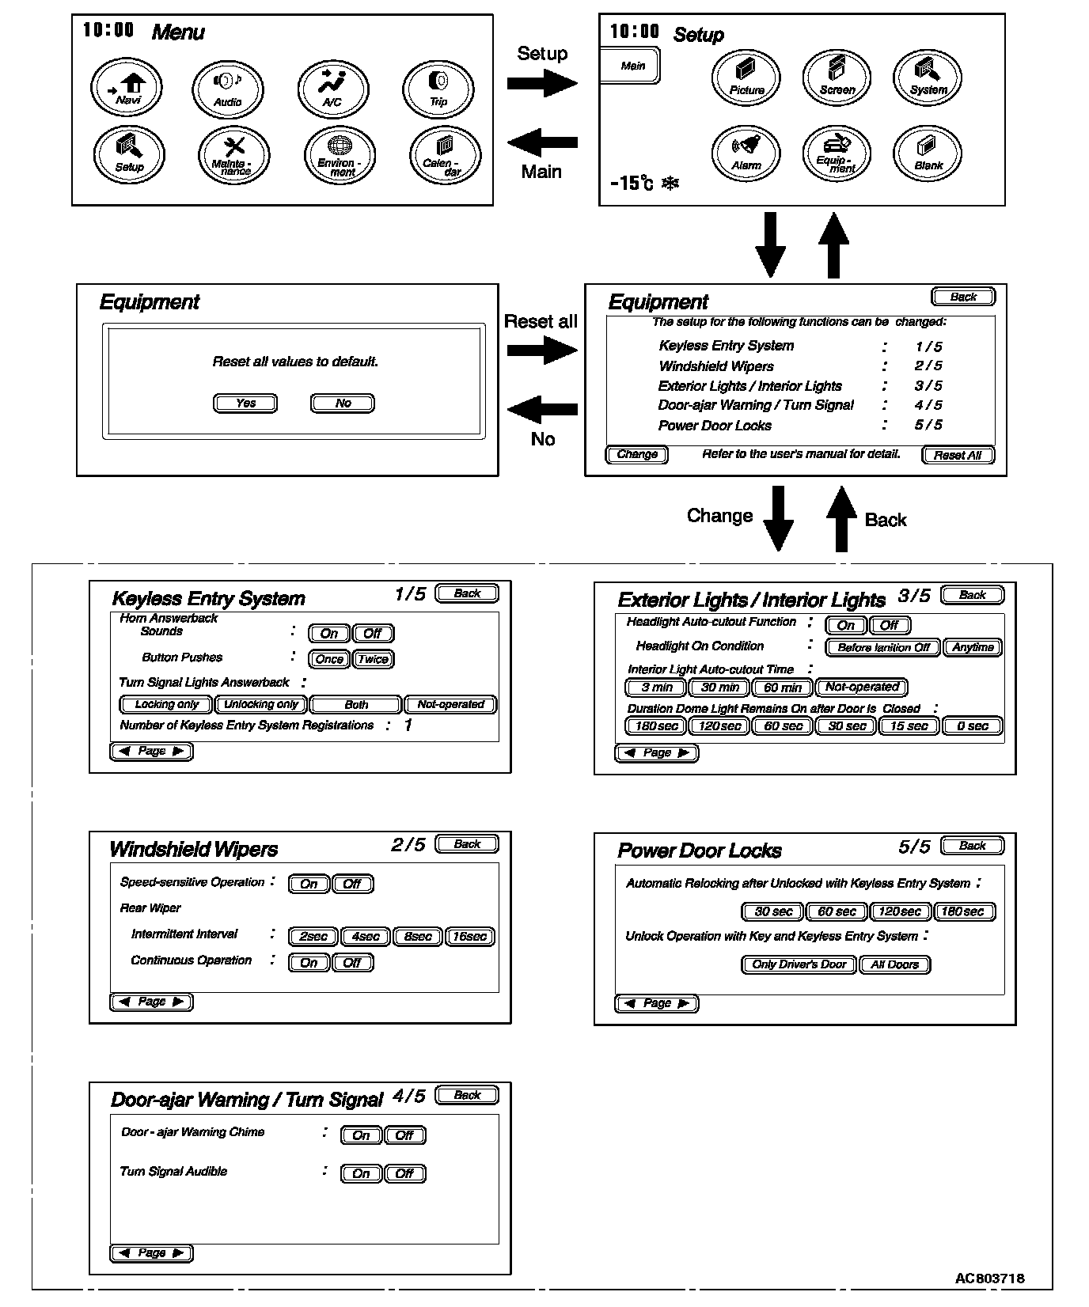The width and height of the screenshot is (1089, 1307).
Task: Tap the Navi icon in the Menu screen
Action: (x=127, y=87)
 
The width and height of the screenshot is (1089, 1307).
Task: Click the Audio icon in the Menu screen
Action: (x=228, y=87)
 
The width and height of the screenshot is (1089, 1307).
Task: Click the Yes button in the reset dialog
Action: (x=245, y=403)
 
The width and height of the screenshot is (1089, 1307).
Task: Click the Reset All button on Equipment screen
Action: (x=958, y=455)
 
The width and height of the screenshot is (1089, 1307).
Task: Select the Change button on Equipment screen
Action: (x=637, y=455)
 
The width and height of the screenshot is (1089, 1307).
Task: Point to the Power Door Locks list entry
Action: (x=715, y=426)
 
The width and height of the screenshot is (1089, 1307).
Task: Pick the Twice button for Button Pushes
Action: (x=373, y=659)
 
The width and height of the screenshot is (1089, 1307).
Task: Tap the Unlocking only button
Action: (x=261, y=705)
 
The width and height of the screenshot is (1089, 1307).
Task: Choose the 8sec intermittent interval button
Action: (x=418, y=937)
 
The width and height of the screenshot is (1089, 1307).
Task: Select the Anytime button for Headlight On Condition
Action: (x=973, y=647)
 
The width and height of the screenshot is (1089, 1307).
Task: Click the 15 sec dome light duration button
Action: (x=909, y=726)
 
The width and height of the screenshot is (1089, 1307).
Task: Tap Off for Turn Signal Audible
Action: (x=404, y=1174)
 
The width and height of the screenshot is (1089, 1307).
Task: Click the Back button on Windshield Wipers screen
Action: (x=467, y=844)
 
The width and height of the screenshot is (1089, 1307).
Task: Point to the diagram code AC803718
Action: (x=989, y=1279)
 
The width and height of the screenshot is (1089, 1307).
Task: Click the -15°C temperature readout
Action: (x=632, y=184)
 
